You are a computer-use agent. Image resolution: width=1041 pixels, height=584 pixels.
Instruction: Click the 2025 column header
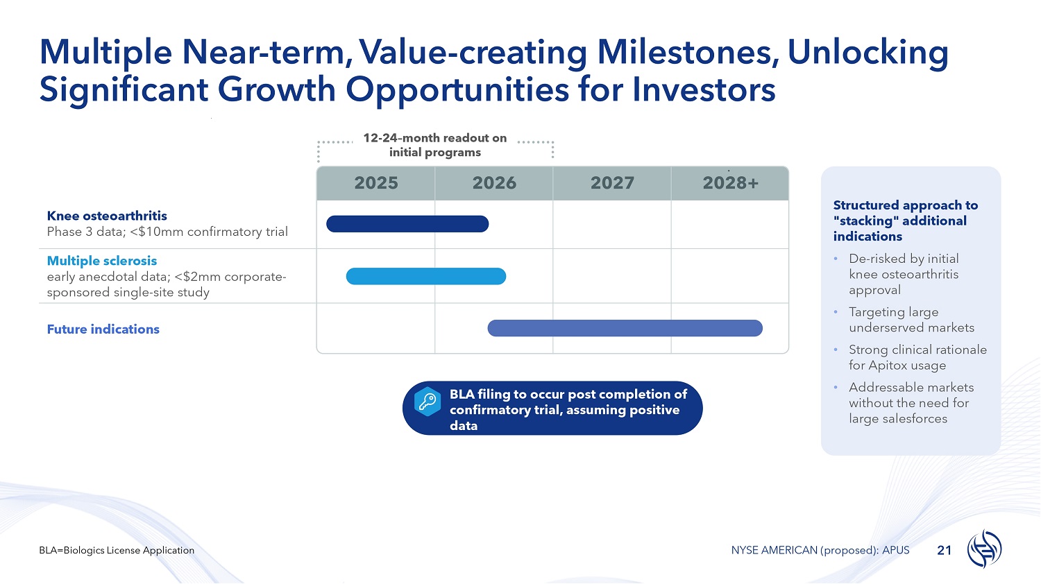click(x=376, y=183)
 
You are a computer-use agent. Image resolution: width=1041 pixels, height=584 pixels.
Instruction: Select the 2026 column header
click(x=494, y=183)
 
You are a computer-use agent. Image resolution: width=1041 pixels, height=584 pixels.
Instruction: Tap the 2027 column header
click(x=612, y=183)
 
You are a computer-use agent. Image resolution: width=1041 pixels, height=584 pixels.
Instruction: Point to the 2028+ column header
click(x=730, y=183)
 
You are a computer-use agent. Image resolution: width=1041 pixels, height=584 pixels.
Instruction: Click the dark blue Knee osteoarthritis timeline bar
click(x=407, y=224)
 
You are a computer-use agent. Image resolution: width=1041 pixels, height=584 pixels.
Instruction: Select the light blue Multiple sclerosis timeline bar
click(x=426, y=277)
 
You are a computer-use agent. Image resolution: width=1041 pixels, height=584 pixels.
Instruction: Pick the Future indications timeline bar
click(x=625, y=329)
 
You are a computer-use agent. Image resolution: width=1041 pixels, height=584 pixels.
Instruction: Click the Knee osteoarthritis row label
click(x=107, y=216)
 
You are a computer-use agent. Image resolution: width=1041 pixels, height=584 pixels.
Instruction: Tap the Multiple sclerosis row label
click(x=102, y=261)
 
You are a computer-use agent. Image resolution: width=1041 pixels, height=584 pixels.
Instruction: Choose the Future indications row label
click(x=103, y=329)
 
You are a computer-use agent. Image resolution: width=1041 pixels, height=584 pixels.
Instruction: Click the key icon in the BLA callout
click(x=428, y=401)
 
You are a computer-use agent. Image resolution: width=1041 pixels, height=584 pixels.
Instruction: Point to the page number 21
click(x=945, y=551)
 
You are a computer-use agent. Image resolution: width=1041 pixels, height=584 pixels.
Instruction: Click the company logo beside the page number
click(x=984, y=549)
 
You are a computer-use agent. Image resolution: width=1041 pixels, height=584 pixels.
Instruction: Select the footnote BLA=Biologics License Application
click(x=117, y=551)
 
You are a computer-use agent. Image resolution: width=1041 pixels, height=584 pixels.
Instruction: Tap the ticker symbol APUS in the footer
click(x=895, y=551)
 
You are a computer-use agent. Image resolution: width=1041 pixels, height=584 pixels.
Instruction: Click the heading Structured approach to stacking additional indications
click(x=905, y=221)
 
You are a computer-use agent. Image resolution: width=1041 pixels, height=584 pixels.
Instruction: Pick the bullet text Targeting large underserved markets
click(x=911, y=320)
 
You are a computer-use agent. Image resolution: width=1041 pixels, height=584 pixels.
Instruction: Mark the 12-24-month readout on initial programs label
click(x=435, y=145)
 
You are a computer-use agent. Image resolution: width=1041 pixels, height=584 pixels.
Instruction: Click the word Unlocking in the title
click(x=867, y=52)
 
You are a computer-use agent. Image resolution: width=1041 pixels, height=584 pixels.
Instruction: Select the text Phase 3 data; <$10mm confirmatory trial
click(x=167, y=232)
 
